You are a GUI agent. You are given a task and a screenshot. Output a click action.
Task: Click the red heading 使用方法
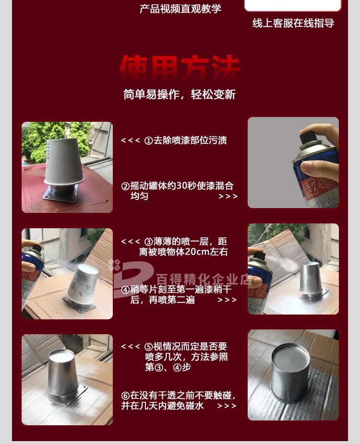coord(179,68)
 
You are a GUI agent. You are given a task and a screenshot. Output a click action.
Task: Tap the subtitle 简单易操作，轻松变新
coord(179,94)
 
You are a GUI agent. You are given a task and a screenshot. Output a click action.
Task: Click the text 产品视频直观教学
coord(180,9)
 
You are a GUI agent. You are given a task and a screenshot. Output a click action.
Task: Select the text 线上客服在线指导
coord(293,23)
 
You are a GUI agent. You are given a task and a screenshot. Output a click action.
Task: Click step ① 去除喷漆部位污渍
coord(185,140)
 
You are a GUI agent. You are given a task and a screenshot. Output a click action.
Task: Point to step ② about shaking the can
coord(177,191)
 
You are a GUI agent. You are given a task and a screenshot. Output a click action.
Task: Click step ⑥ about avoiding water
coord(178,400)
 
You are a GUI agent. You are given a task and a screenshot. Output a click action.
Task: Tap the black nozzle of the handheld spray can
coord(308,137)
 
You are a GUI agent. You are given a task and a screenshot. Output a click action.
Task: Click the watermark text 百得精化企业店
coord(204,279)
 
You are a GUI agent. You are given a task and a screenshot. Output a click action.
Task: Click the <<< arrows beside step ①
coord(130,140)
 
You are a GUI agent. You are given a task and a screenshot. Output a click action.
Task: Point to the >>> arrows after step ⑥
coord(227,406)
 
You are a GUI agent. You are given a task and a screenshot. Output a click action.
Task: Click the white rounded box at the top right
coord(293,5)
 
